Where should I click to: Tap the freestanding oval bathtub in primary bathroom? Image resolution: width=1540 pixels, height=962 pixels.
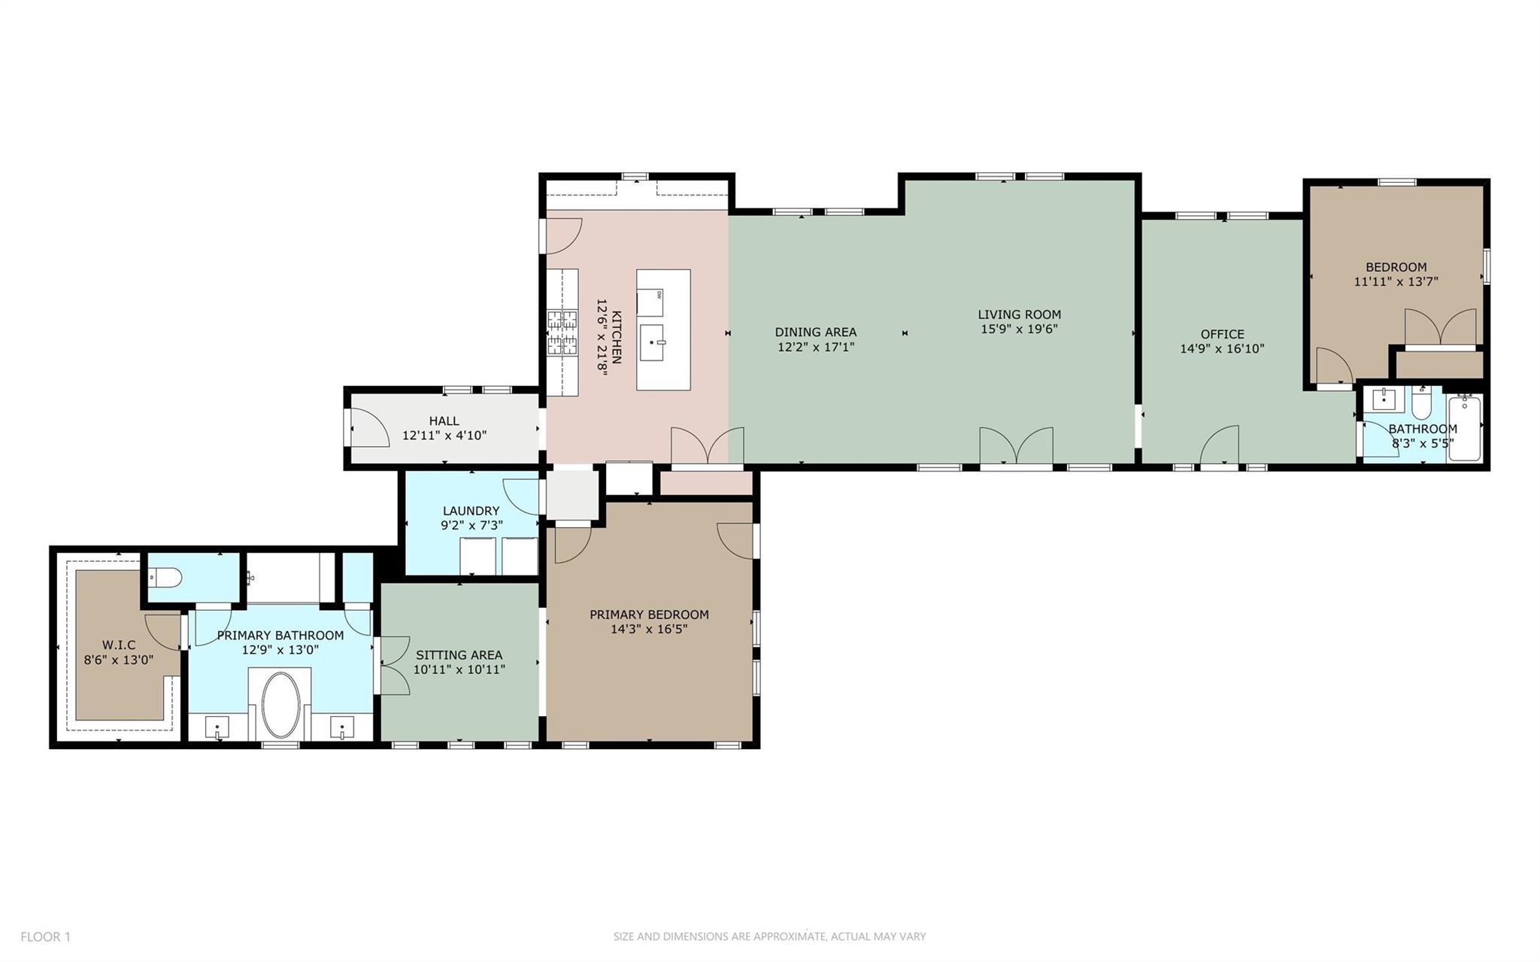(x=281, y=705)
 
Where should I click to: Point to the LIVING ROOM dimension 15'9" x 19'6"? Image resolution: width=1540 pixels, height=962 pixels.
(x=1019, y=329)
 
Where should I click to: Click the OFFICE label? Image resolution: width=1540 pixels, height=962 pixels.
(x=1222, y=334)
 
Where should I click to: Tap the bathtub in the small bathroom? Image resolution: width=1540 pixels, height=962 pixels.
(x=1465, y=429)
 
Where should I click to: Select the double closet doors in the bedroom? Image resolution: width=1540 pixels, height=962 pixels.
(x=1441, y=329)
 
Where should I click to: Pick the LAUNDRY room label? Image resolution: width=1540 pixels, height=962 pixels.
(x=471, y=511)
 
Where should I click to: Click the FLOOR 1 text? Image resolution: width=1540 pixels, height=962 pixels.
(x=45, y=936)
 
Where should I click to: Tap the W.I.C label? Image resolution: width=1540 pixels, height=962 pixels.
(x=119, y=645)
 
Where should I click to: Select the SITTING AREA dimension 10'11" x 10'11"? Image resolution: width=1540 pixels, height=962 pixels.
(x=459, y=669)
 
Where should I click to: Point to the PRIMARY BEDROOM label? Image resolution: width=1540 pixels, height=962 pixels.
(x=649, y=615)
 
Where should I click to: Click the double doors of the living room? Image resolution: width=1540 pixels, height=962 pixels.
(x=1016, y=446)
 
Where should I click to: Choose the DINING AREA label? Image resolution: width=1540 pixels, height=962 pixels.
(x=816, y=332)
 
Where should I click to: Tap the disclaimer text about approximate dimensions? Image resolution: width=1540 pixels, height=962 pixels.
(x=769, y=936)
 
